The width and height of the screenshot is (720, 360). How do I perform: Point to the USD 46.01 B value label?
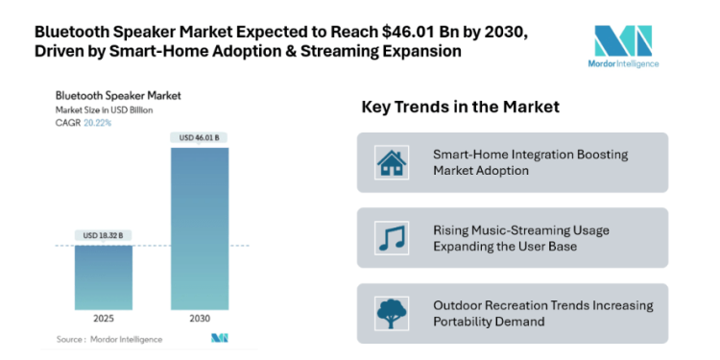click(200, 138)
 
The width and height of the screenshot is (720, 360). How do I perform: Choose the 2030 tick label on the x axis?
click(200, 318)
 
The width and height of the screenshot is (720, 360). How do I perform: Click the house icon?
click(391, 163)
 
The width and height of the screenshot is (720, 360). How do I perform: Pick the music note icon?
click(391, 237)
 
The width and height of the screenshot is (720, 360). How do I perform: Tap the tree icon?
click(391, 314)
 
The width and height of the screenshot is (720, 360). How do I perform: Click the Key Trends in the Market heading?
click(460, 106)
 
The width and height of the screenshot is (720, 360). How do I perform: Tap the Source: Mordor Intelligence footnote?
click(108, 339)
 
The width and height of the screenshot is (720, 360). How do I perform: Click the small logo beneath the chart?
click(220, 338)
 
